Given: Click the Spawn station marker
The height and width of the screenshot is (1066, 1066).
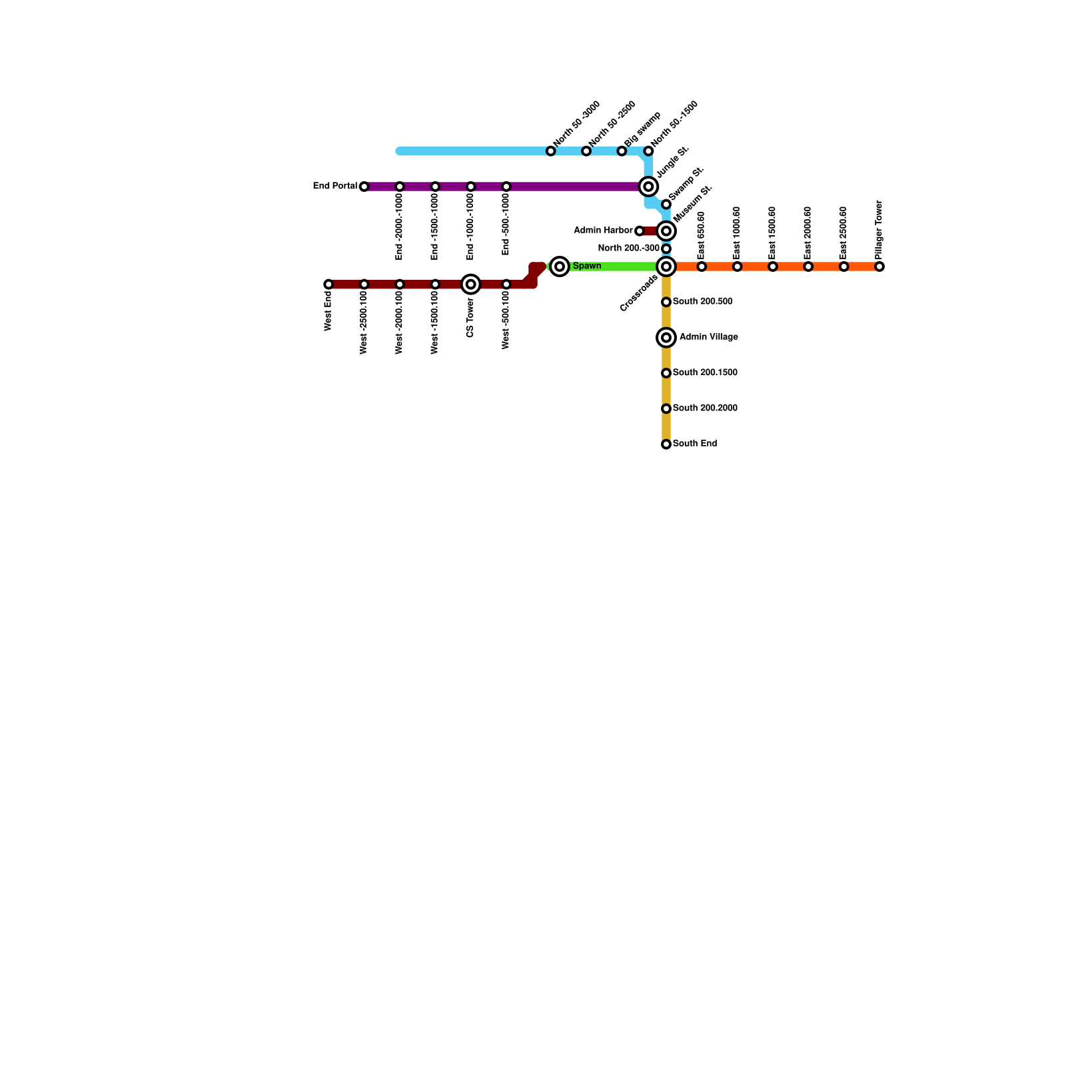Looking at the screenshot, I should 560,266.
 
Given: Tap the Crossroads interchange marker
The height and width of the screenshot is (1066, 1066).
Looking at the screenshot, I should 666,266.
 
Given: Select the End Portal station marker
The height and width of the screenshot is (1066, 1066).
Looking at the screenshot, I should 364,187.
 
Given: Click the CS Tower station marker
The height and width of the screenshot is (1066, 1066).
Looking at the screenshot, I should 470,284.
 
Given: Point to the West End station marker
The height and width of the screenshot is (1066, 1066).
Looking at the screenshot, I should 328,284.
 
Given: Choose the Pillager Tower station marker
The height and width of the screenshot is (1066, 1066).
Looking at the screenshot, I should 879,266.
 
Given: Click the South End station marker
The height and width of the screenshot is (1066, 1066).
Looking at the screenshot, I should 666,444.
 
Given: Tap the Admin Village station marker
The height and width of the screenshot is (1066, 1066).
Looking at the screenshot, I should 666,338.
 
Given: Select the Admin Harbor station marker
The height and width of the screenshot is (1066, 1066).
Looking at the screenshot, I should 640,231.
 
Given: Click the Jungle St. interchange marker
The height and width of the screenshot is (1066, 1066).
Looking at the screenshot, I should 648,187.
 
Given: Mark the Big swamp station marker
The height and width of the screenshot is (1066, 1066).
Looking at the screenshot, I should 622,151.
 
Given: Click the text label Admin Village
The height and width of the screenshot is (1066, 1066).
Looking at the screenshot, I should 708,337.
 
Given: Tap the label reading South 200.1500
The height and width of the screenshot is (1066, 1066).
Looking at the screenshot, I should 705,372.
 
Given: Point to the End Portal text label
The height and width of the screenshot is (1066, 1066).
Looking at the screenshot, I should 335,186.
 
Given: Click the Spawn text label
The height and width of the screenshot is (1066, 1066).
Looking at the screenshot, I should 587,266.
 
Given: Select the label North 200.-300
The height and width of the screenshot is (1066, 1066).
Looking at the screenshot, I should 628,249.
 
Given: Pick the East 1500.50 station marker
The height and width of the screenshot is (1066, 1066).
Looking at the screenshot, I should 773,266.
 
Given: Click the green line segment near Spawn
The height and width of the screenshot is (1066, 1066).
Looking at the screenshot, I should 613,266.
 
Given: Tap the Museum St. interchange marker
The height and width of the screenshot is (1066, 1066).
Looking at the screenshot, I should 666,231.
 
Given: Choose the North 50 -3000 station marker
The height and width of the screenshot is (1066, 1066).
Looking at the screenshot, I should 550,151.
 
